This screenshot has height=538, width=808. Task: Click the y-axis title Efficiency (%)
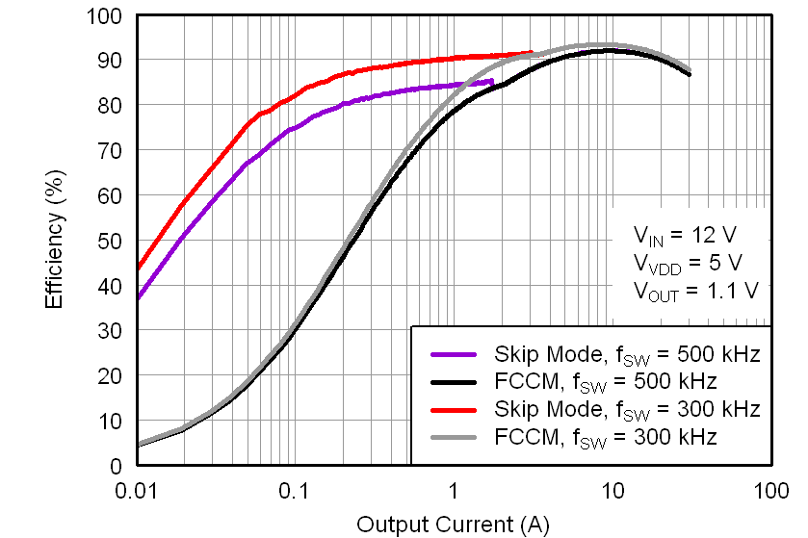pyautogui.click(x=55, y=241)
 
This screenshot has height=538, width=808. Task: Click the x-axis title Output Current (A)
pyautogui.click(x=453, y=524)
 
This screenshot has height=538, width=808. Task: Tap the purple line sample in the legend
pyautogui.click(x=455, y=353)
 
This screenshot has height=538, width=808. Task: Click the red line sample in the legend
pyautogui.click(x=455, y=409)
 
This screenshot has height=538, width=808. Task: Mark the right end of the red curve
pyautogui.click(x=532, y=53)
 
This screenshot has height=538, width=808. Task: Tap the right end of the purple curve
pyautogui.click(x=493, y=81)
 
